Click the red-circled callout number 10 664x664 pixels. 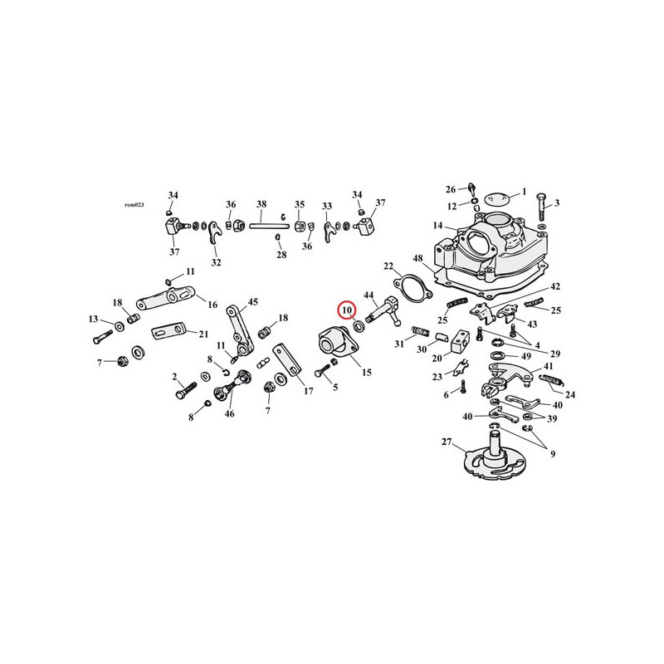coord(347,310)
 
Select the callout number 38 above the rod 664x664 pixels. coord(261,204)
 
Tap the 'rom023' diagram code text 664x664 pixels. coord(134,205)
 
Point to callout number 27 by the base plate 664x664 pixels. coord(447,442)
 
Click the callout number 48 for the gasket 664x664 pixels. coord(418,258)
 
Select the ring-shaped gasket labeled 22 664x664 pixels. coord(411,289)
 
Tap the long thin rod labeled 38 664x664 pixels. coord(269,226)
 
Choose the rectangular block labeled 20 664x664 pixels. coord(460,342)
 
